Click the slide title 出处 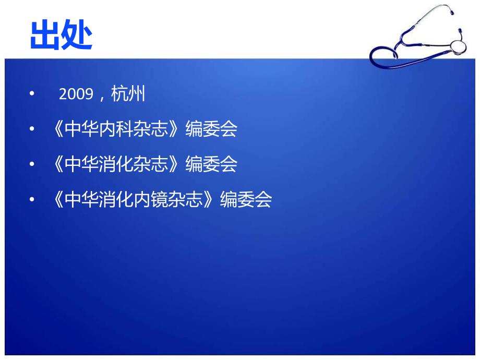point(62,35)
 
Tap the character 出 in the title point(45,35)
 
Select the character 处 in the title point(77,35)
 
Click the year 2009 point(76,94)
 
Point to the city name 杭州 point(128,94)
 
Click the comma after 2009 point(102,97)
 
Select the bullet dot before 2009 point(32,94)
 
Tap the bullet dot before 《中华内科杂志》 point(32,129)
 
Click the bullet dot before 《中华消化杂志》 point(32,164)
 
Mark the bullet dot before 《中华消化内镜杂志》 point(32,200)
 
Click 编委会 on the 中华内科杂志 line point(211,129)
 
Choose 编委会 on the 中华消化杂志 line point(211,164)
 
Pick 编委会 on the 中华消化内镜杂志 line point(246,200)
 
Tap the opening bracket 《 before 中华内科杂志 point(58,129)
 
